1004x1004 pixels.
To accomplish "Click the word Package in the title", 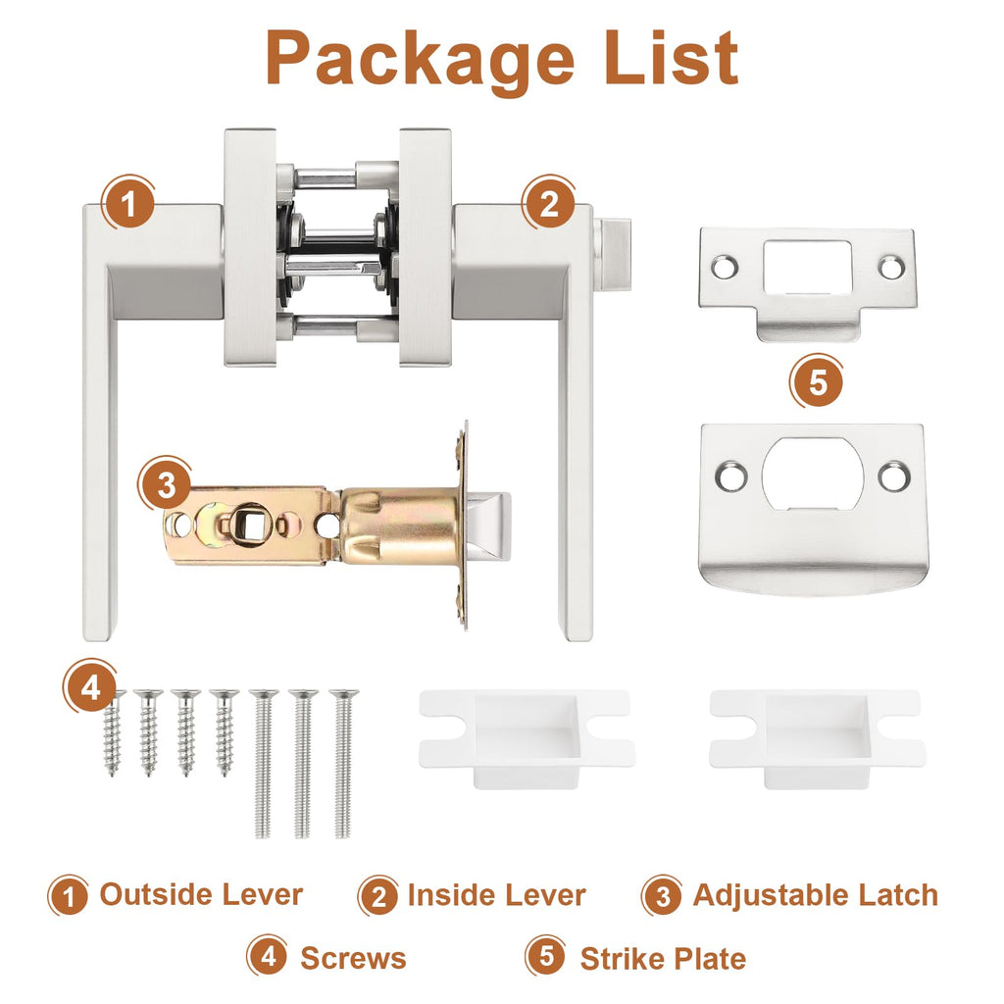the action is point(420,61).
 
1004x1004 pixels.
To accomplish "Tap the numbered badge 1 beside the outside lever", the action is point(128,204).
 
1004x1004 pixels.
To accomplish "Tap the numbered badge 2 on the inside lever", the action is point(549,204).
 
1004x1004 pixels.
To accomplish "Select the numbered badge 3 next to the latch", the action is point(166,484).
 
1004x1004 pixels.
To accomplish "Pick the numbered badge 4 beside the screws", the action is point(90,687).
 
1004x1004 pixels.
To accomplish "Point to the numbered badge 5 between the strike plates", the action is point(817,382).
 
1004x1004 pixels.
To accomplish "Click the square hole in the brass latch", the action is point(249,524).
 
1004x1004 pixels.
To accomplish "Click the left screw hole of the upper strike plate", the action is point(725,267).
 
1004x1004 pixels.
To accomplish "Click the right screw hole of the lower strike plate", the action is point(894,477).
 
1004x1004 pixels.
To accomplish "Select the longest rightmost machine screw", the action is point(344,763).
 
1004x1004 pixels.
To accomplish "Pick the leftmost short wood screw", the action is point(113,732).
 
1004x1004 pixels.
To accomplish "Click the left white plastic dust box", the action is point(527,737).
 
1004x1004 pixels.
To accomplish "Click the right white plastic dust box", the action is point(817,737).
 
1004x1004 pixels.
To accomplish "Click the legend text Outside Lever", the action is point(201,894).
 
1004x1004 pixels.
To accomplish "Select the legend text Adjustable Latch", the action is point(815,895).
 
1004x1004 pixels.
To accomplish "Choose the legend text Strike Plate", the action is point(663,959).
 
